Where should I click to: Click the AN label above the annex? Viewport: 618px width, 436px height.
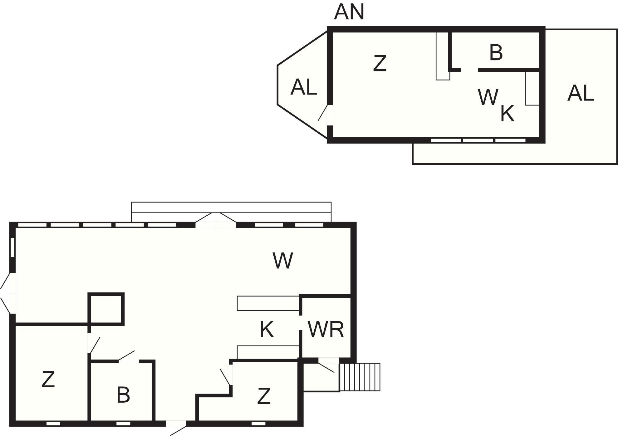click(x=349, y=12)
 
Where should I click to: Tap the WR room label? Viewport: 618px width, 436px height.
click(x=326, y=329)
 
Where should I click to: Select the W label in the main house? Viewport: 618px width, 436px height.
click(x=283, y=261)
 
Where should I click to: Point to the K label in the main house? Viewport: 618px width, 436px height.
click(x=267, y=329)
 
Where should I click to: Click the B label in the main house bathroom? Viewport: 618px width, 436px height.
click(x=123, y=394)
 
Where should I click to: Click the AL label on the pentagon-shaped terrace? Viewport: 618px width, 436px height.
click(x=304, y=87)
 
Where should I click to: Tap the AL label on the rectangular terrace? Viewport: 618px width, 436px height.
click(x=581, y=93)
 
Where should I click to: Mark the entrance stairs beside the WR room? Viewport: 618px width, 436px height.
click(x=360, y=377)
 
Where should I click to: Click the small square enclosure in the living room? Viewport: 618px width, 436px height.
click(x=106, y=309)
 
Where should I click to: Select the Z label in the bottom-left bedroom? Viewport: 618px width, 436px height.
click(x=48, y=379)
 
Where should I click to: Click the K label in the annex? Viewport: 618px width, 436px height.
click(x=507, y=113)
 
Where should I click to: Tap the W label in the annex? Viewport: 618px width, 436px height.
click(x=488, y=97)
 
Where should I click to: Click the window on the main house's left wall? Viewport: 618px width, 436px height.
click(x=12, y=247)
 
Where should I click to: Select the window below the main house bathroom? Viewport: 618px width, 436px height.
click(x=123, y=424)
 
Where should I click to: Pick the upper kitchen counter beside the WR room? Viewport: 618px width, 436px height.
click(x=268, y=303)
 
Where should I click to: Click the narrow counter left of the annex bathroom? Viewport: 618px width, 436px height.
click(x=443, y=56)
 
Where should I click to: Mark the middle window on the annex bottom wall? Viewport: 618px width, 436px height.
click(x=478, y=140)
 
